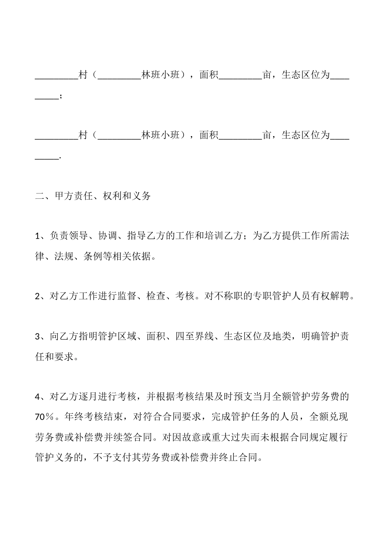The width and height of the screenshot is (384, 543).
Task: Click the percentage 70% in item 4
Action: point(44,417)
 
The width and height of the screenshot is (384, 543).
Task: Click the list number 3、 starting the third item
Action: point(40,336)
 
